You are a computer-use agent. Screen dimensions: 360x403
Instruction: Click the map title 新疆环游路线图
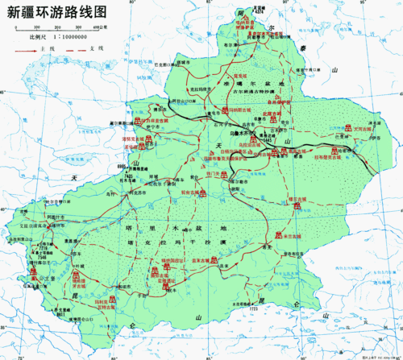click(x=56, y=12)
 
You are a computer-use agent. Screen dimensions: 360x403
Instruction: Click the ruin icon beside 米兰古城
click(x=279, y=237)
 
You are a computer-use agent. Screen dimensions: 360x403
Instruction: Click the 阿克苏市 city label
click(x=141, y=192)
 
